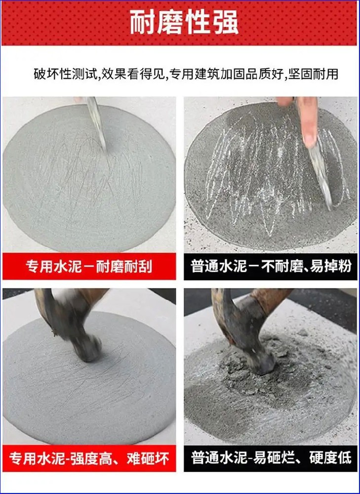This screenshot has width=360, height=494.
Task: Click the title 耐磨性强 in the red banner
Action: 184,23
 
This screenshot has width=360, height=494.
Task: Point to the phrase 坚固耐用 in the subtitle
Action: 313,74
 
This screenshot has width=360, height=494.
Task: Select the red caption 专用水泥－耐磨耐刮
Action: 89,267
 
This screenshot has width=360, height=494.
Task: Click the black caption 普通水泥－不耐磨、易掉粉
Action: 271,267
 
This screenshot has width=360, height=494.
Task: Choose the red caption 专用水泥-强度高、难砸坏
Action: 89,458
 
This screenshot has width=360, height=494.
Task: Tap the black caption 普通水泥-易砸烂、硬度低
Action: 271,458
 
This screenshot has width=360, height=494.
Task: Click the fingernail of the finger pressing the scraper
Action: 309,138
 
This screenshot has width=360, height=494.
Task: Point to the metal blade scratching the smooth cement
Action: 96,123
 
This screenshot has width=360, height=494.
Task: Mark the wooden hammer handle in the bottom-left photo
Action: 91,299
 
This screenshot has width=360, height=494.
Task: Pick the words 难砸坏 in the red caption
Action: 148,458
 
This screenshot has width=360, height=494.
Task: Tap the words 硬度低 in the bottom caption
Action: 330,458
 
